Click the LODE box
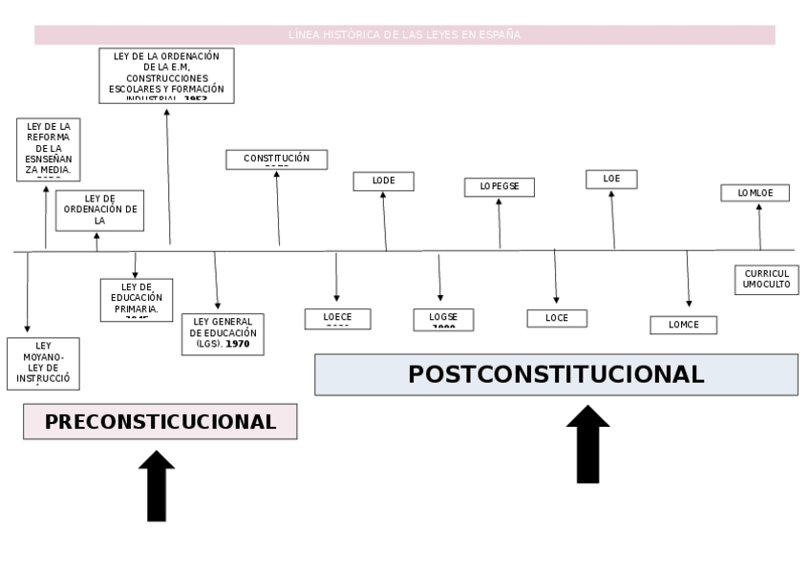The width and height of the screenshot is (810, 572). [383, 181]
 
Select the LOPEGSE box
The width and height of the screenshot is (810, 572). [500, 187]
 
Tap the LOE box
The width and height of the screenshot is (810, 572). [611, 180]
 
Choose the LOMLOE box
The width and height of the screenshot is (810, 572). [755, 193]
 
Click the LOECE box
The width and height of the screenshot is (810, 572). [337, 319]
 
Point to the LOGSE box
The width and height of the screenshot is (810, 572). [443, 320]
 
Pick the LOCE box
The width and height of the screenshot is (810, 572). [557, 318]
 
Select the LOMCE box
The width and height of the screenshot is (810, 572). [683, 325]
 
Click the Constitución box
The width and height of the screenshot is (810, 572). [276, 159]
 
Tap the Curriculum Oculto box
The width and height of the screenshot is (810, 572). [766, 280]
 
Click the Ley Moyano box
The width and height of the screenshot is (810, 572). [43, 363]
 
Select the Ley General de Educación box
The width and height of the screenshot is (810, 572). [223, 333]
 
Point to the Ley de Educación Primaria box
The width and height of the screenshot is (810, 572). [137, 300]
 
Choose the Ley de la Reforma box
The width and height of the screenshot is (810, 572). [49, 149]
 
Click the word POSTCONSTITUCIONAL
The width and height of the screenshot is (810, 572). [556, 374]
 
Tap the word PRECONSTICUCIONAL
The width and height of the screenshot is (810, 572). [160, 421]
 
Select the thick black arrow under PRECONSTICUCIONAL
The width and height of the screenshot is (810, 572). [157, 486]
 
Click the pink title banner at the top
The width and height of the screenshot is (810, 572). [404, 35]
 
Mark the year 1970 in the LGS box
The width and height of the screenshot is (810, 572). [238, 344]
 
